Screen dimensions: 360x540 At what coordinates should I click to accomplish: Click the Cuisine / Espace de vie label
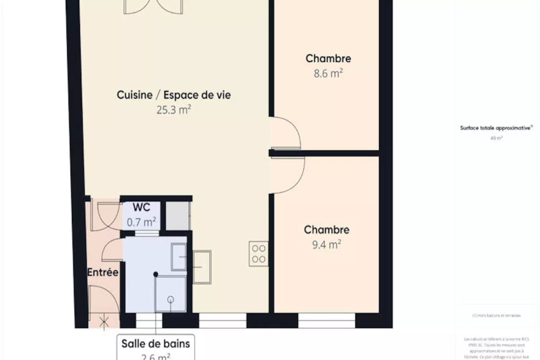[x=173, y=95]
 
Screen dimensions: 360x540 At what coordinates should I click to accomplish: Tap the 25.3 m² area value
[x=173, y=110]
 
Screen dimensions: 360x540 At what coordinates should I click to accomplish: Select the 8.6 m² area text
[x=328, y=73]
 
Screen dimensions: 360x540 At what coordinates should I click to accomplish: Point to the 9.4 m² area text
[x=326, y=245]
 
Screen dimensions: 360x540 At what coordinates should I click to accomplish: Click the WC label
[x=141, y=207]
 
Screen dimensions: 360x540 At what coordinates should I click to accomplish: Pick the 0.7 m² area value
[x=141, y=222]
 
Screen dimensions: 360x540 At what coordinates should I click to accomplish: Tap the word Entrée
[x=103, y=272]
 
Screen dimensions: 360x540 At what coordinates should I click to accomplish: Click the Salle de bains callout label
[x=155, y=344]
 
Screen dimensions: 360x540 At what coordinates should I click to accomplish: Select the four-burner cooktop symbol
[x=259, y=254]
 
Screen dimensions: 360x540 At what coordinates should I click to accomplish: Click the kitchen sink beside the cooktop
[x=202, y=267]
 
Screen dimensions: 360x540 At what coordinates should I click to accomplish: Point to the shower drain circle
[x=170, y=299]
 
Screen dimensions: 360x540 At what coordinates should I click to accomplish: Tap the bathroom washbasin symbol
[x=179, y=257]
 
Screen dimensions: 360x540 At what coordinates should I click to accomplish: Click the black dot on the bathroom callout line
[x=156, y=274]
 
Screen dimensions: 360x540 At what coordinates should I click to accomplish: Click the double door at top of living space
[x=153, y=7]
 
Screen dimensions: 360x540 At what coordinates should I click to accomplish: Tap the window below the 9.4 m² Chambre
[x=326, y=320]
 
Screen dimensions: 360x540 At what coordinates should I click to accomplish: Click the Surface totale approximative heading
[x=496, y=128]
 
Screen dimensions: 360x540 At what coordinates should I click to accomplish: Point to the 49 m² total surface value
[x=496, y=138]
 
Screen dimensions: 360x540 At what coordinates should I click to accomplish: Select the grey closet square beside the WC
[x=178, y=216]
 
